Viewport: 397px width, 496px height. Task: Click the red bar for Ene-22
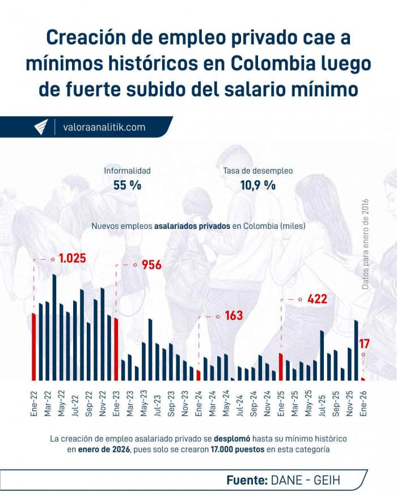pos(34,346)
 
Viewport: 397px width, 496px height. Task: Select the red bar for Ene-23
pos(116,349)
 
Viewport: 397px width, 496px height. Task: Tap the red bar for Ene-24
pos(198,375)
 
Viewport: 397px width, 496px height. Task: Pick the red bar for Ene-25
pos(281,366)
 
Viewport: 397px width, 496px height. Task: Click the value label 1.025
pos(72,258)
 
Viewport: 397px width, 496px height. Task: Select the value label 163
pos(233,316)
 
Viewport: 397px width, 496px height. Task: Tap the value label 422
pos(316,299)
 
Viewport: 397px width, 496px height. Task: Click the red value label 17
pos(365,343)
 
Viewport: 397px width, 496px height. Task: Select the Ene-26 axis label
pos(364,404)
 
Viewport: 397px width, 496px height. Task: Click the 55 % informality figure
pos(127,185)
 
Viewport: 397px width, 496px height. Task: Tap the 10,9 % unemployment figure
pos(257,185)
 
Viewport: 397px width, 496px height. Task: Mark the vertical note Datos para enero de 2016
pos(365,244)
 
